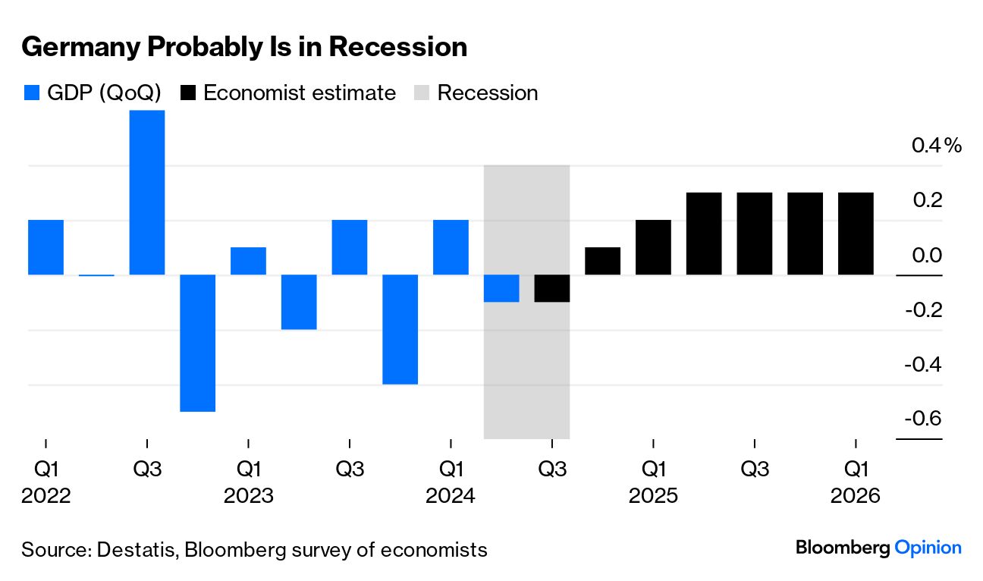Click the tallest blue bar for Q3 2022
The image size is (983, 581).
point(147,193)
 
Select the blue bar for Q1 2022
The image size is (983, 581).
point(46,247)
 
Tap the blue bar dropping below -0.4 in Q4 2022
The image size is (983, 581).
point(197,343)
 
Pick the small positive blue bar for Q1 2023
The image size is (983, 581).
point(248,261)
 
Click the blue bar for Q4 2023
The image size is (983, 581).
point(400,329)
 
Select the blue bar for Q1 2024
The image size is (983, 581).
point(451,247)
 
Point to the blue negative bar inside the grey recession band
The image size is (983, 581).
point(501,288)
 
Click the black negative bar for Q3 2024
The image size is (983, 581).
point(552,288)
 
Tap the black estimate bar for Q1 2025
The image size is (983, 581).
point(653,247)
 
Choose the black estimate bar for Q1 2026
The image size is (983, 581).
point(856,234)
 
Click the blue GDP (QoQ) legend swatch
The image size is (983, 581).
point(31,93)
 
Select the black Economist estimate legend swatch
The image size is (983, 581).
point(188,93)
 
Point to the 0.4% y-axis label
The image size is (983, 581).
point(936,145)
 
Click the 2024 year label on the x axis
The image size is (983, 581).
point(451,496)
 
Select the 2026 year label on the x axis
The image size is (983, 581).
point(856,496)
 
